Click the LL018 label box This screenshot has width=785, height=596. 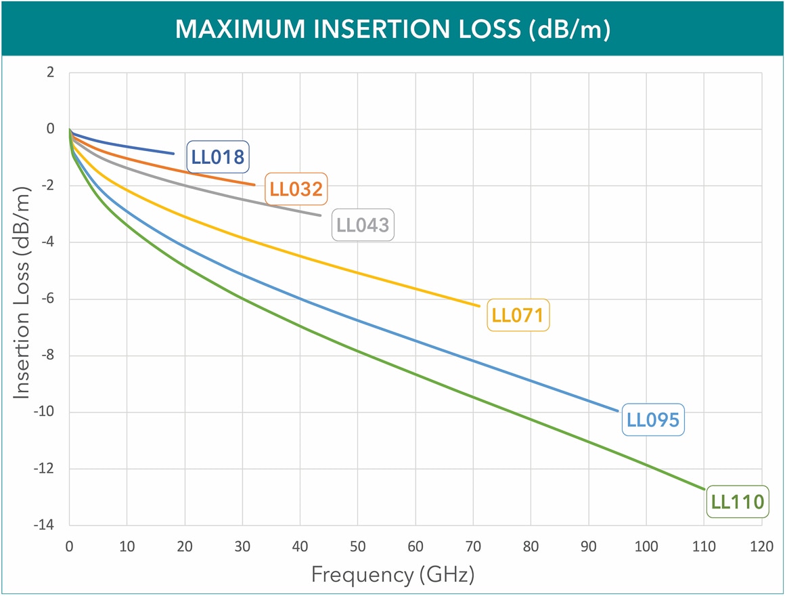click(x=218, y=157)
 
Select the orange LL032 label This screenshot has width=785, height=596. click(x=295, y=189)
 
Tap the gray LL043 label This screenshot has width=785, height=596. click(x=363, y=225)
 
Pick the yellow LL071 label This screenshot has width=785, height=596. click(x=518, y=315)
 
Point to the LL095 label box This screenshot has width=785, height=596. click(x=652, y=419)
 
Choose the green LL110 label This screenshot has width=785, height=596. click(x=737, y=502)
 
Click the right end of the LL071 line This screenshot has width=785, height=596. click(x=479, y=306)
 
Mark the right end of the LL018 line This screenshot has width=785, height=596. click(x=174, y=154)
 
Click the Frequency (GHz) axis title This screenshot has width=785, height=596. click(x=392, y=575)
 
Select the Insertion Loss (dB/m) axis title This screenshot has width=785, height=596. click(x=22, y=298)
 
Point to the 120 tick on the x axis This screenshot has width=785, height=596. click(x=762, y=546)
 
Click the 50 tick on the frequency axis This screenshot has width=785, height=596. click(x=357, y=546)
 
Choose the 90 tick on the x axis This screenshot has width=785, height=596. click(x=589, y=546)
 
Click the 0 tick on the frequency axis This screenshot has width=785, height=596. click(x=69, y=546)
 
